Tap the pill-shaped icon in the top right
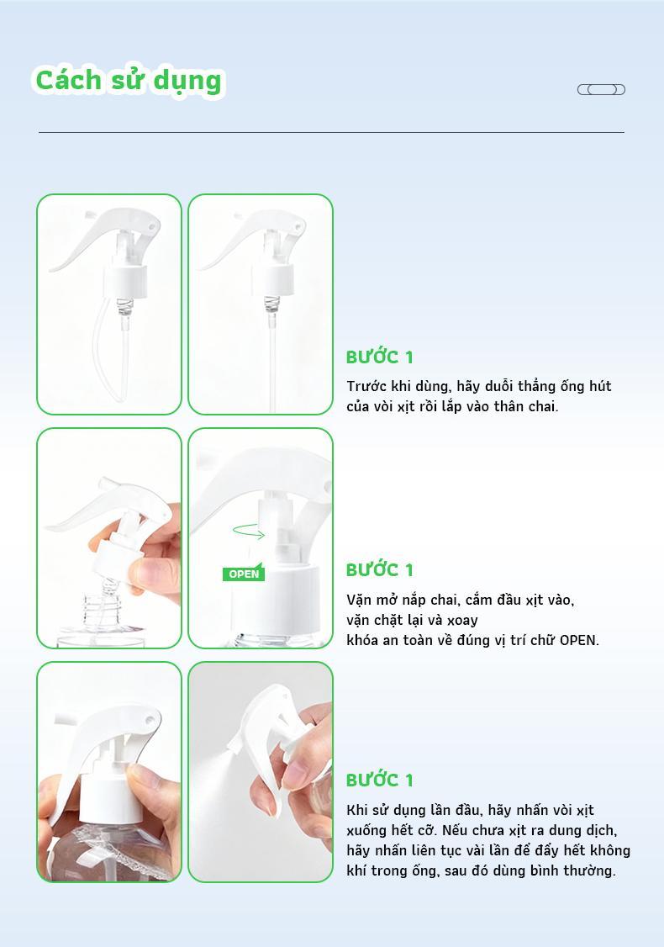(x=601, y=89)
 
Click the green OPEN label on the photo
(x=243, y=574)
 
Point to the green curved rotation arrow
(x=249, y=531)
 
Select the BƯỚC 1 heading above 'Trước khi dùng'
(x=380, y=357)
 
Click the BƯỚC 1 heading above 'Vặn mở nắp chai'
(x=380, y=569)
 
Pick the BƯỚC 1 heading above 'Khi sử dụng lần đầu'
(x=380, y=780)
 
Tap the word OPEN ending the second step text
(x=577, y=639)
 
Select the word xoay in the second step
(x=463, y=621)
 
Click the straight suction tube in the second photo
(x=271, y=362)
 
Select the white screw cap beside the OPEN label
(x=275, y=598)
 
